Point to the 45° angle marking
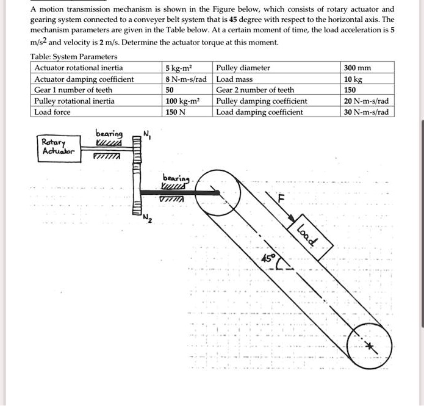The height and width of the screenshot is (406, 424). point(268,258)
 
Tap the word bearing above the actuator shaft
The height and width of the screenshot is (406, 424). point(109,134)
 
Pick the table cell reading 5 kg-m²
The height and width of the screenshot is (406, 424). point(179,68)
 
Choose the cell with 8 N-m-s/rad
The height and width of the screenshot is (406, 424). point(187,79)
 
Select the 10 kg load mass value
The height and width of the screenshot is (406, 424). point(353,79)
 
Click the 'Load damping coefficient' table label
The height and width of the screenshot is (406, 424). point(259,112)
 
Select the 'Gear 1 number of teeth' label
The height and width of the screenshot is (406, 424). point(73,90)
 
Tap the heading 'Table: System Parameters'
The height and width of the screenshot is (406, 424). point(74,57)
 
